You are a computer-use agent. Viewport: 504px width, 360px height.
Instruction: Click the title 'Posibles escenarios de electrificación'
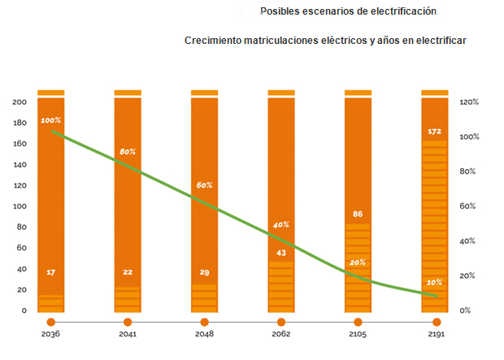348,11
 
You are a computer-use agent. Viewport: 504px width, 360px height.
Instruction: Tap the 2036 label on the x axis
50,334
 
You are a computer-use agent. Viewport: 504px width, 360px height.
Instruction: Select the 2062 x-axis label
280,334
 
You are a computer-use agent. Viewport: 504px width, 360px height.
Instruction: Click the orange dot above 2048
204,322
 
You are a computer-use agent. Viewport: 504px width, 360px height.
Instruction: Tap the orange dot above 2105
358,322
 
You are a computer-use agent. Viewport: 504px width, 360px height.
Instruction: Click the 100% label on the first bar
50,120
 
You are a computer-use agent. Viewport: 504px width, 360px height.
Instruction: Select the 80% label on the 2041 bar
128,151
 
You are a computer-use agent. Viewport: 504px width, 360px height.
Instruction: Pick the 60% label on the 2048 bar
204,185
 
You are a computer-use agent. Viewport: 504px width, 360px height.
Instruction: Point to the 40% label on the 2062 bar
281,224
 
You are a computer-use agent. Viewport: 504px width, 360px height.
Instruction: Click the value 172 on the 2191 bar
434,131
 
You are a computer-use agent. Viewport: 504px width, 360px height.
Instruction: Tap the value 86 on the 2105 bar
358,214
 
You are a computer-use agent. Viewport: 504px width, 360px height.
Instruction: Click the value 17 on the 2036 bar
50,271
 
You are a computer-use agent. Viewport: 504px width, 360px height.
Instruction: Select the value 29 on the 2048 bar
204,271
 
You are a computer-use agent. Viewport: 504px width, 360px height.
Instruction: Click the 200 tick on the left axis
20,102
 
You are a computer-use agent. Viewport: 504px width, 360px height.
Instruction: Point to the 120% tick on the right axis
469,102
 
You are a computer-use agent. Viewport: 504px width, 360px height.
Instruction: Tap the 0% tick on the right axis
465,310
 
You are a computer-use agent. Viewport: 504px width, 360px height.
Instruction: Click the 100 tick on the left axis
20,206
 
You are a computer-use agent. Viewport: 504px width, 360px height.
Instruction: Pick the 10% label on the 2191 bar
434,282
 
